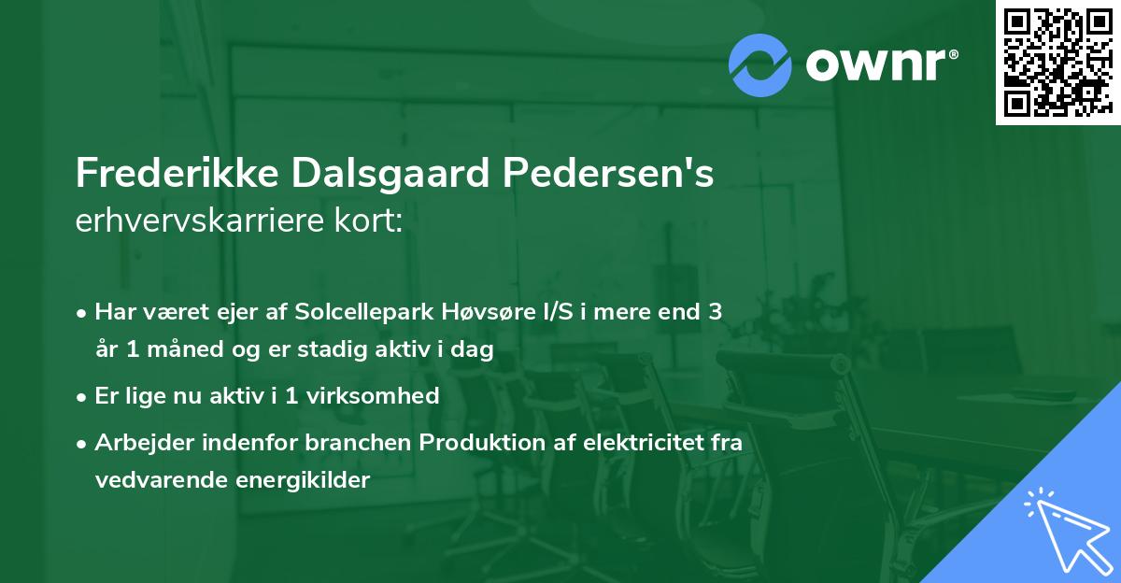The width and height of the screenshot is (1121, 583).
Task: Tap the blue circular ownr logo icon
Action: click(x=759, y=65)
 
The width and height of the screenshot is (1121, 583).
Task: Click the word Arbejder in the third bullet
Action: click(x=140, y=442)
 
